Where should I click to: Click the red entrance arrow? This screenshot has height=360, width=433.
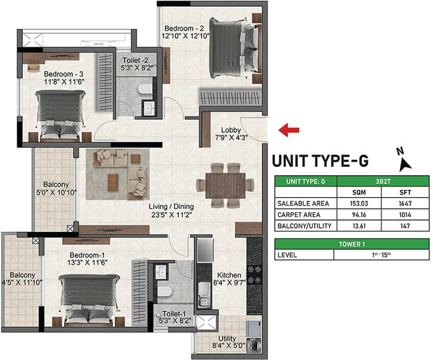(289, 130)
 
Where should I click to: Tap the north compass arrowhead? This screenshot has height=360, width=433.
(405, 165)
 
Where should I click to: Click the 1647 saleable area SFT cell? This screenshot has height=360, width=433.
(405, 203)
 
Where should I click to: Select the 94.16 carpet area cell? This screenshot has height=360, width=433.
(359, 215)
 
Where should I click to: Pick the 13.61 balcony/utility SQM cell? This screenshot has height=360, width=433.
(359, 226)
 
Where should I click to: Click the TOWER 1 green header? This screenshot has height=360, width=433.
(352, 244)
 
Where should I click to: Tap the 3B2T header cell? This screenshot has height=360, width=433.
(383, 182)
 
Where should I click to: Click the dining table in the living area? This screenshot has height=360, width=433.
(225, 186)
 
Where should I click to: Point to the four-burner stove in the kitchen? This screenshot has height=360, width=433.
(254, 274)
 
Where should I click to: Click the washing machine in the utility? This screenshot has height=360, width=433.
(254, 345)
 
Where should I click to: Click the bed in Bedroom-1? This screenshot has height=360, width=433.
(89, 299)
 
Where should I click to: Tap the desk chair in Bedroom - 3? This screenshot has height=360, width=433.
(34, 68)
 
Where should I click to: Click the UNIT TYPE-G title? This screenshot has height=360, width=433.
(320, 161)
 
